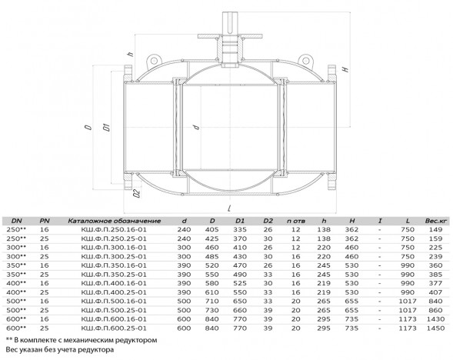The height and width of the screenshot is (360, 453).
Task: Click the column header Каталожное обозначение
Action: tap(115, 221)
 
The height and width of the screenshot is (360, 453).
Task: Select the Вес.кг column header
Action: tap(435, 221)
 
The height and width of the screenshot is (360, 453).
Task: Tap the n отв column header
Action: tap(296, 221)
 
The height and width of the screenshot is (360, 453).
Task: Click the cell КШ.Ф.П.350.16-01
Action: tap(114, 265)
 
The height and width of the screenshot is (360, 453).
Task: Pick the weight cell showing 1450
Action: tap(435, 328)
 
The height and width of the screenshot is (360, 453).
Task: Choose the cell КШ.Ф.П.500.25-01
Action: tap(114, 310)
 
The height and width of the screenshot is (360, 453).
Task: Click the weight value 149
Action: tap(435, 229)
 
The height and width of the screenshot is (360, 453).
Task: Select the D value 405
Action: tap(212, 229)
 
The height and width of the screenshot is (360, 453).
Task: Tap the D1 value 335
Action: tap(240, 229)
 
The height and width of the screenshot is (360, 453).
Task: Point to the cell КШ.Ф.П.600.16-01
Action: tap(114, 319)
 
